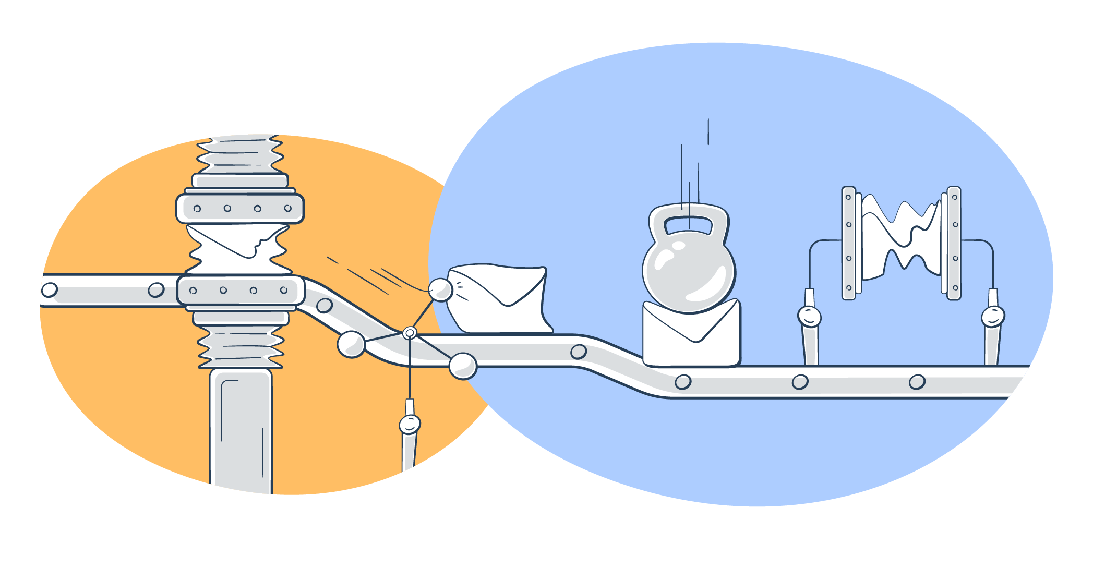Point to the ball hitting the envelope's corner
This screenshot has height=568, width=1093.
pos(440,290)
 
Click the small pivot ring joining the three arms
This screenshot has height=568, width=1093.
pos(410,332)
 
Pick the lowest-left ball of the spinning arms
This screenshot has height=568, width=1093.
pos(351,344)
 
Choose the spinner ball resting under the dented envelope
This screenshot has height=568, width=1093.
pos(463,366)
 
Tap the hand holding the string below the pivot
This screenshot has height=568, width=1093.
pos(410,424)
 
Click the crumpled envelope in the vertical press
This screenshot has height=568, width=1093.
pos(237,249)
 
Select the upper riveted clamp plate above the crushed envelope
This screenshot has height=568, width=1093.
pos(240,209)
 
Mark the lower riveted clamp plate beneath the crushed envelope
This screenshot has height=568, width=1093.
pos(240,291)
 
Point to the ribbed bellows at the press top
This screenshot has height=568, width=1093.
pos(240,154)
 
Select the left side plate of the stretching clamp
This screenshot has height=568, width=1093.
pos(849,243)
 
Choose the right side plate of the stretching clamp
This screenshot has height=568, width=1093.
pos(954,243)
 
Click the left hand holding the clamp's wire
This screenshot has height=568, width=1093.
pos(809,317)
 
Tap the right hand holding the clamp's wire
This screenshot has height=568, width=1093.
pos(992,317)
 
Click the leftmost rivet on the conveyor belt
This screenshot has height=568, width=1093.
pos(50,289)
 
